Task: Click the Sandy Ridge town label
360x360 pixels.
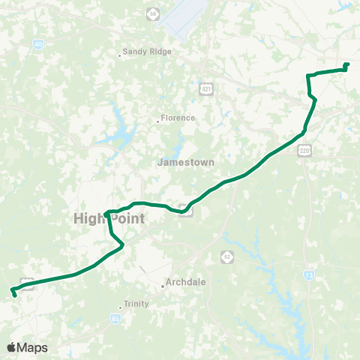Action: point(149,52)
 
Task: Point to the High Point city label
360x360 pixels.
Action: point(109,218)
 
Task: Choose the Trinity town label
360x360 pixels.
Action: point(137,304)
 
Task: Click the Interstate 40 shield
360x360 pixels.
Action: point(37,45)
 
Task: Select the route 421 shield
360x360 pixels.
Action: point(205,89)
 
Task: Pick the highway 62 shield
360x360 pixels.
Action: point(226,256)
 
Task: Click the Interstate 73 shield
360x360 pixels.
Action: point(309,275)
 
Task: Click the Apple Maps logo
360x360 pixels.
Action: point(27,347)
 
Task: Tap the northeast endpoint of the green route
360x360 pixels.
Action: point(346,65)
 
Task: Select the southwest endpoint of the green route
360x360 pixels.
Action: point(15,295)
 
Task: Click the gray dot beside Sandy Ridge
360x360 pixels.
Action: point(121,54)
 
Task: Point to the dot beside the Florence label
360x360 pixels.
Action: point(157,120)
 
